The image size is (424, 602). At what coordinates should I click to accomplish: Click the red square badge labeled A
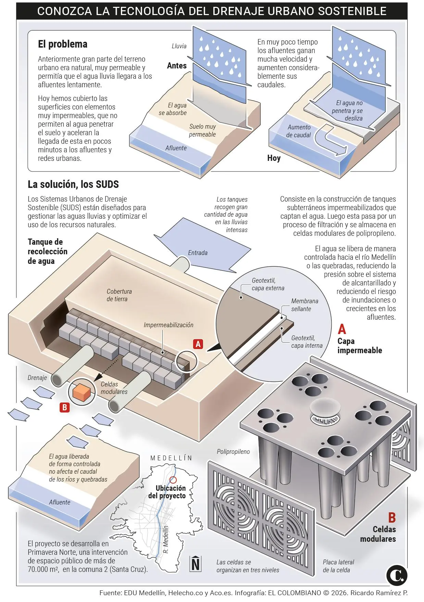198,344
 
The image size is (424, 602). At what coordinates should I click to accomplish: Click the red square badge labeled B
64,407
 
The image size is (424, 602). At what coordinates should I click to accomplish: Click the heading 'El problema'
62,44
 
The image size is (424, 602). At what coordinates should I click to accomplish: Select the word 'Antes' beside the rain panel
177,66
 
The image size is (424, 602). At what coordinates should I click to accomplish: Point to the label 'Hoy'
274,158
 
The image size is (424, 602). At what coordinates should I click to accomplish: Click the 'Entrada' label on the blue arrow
198,253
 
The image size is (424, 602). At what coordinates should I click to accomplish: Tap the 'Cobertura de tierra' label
119,295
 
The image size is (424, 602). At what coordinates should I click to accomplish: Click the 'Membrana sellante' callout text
304,305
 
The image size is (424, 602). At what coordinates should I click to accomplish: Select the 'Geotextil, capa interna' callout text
307,342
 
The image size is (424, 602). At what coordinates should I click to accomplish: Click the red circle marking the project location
173,480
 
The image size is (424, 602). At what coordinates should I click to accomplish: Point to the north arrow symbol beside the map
196,563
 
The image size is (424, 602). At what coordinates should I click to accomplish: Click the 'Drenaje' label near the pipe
37,378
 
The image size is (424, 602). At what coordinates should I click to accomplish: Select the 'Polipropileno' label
233,452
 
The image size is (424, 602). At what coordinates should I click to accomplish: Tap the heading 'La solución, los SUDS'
73,184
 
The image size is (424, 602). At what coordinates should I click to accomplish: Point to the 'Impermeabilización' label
168,325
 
